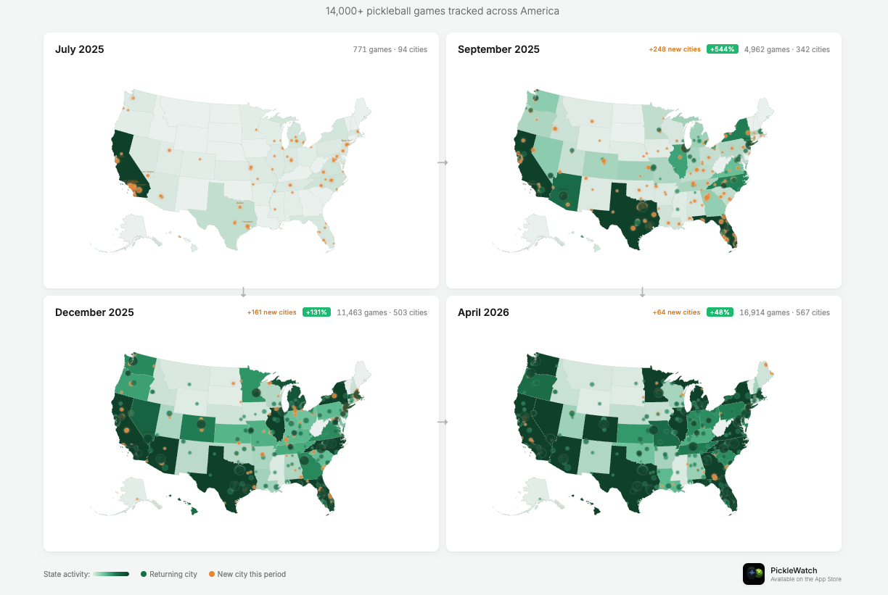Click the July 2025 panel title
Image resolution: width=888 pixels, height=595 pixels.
tap(80, 50)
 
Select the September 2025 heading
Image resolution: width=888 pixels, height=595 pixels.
tap(498, 50)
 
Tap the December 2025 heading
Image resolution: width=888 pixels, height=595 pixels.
tap(94, 313)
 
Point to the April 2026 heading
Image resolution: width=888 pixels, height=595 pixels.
tap(483, 313)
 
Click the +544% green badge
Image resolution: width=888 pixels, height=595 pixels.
tap(723, 49)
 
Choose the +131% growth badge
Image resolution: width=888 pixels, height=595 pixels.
tap(316, 312)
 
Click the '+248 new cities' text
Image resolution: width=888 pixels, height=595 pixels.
tap(675, 49)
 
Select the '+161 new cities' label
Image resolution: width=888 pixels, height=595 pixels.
tap(271, 312)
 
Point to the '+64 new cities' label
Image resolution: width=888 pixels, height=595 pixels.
tap(676, 312)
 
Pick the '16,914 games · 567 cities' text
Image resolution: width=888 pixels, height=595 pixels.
tap(784, 313)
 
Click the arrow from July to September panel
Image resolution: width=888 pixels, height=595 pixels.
tap(443, 162)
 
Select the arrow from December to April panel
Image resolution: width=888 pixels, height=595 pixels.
tap(443, 422)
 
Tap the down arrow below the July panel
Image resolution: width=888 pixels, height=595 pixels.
tap(244, 292)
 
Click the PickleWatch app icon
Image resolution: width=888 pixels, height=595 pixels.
tap(754, 574)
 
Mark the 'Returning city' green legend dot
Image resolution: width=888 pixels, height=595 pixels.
tap(144, 574)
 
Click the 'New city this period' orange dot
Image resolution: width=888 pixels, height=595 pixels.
tap(212, 574)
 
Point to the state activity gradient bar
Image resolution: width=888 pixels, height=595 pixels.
tap(111, 574)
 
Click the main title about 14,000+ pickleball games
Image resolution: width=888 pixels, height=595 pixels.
tap(443, 12)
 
